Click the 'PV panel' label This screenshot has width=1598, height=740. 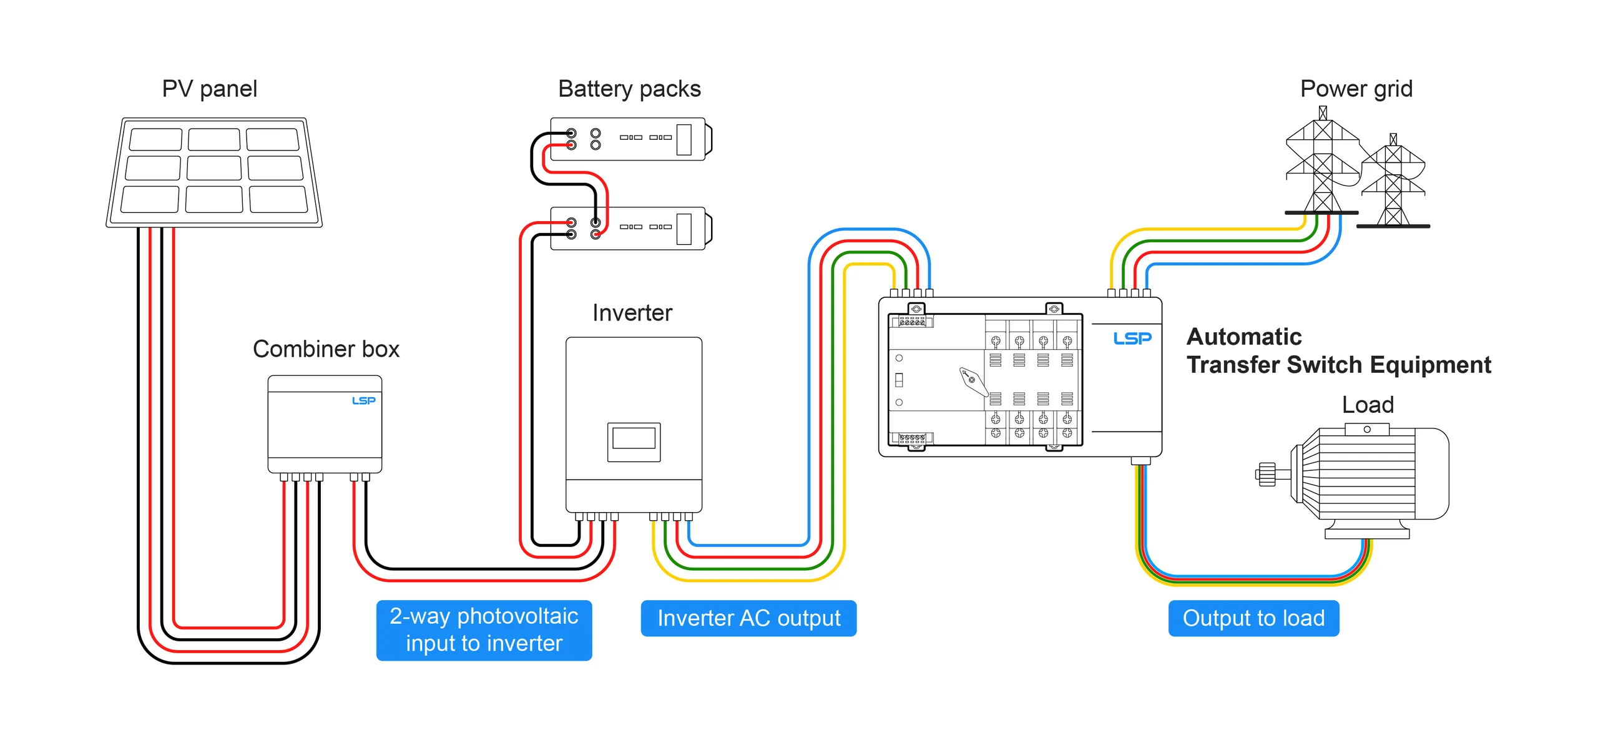(210, 89)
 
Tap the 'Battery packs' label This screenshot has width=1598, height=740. (629, 89)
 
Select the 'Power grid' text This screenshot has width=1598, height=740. (1356, 89)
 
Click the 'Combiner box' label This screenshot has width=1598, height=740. (326, 349)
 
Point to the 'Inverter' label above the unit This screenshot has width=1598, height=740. (632, 313)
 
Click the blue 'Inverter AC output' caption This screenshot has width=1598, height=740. (748, 618)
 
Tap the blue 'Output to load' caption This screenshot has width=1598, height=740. (1253, 618)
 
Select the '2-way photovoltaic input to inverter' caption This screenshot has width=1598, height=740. (484, 630)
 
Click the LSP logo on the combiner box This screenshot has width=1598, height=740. (364, 400)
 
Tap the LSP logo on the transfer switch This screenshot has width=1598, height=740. (1132, 338)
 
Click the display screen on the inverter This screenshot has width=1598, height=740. (634, 439)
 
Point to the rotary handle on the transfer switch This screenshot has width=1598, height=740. (973, 380)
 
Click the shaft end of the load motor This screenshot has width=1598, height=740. (1266, 474)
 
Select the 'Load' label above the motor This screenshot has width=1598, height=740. (1368, 405)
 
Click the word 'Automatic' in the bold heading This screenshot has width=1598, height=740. (1244, 337)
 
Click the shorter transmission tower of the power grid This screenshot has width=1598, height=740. (1393, 184)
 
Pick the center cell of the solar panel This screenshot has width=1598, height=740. (214, 168)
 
